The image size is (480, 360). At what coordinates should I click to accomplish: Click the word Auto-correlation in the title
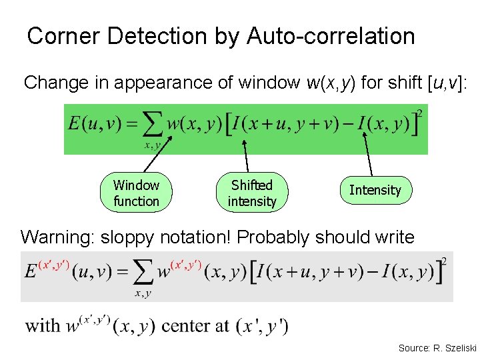331,36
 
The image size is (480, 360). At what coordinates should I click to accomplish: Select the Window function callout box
136,193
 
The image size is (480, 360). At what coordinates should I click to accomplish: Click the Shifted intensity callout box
251,193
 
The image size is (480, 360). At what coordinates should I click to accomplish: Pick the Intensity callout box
375,190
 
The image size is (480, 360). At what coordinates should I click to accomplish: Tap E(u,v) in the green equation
93,125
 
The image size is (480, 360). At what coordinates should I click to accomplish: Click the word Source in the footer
414,347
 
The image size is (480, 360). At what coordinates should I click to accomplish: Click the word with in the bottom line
43,326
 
